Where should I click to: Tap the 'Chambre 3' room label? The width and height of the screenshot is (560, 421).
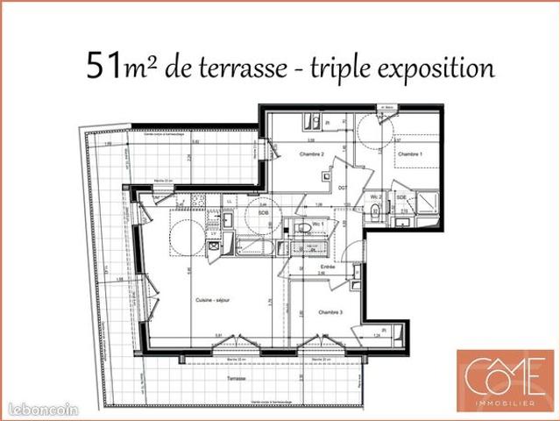coord(330,312)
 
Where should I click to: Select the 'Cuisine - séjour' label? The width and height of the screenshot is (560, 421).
coord(210,300)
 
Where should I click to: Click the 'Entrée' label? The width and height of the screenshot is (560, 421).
coord(327,266)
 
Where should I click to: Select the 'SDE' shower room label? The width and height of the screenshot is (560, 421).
coord(401,198)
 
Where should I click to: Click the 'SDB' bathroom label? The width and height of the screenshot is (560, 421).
coord(263,212)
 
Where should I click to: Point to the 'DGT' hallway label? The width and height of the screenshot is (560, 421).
coord(344,188)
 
